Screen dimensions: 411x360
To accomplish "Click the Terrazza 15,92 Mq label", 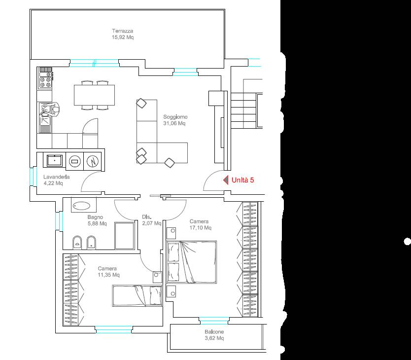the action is click(123, 34).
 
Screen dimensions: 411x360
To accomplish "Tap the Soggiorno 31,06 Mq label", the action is click(175, 120).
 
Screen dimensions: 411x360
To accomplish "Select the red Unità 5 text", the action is click(243, 180).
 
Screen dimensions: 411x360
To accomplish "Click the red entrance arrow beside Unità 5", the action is click(226, 180).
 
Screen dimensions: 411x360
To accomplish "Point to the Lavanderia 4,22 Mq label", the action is click(56, 180).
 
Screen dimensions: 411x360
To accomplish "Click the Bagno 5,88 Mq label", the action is click(97, 220).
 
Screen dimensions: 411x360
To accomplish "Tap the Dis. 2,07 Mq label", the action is click(151, 220).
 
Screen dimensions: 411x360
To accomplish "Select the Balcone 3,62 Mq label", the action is click(214, 335).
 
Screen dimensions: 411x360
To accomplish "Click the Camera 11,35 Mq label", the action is click(108, 272).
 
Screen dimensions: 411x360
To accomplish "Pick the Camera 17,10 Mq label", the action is click(200, 224).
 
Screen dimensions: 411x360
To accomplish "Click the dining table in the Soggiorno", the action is click(94, 95).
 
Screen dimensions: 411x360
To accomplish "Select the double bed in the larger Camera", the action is click(192, 262).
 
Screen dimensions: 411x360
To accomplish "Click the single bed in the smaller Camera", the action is click(137, 296).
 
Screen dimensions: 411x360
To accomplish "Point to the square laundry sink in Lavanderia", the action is click(55, 160).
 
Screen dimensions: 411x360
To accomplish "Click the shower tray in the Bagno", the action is click(125, 236).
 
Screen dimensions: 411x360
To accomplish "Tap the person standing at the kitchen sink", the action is click(53, 110).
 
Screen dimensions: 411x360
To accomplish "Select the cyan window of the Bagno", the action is click(59, 221).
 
